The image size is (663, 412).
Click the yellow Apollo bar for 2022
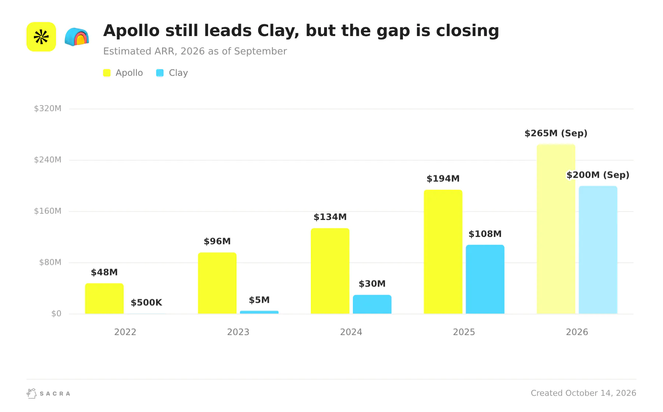(x=104, y=298)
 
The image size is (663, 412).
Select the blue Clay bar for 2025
(x=485, y=279)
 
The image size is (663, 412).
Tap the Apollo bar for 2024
(x=330, y=271)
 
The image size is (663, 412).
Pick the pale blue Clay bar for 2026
(x=598, y=250)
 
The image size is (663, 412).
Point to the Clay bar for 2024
(x=372, y=304)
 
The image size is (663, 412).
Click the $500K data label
(x=146, y=302)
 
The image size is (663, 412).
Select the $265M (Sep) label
(x=556, y=133)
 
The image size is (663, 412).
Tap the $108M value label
(x=485, y=234)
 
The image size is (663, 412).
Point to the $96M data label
(x=217, y=241)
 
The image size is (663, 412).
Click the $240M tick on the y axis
(x=48, y=160)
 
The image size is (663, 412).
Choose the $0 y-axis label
(x=56, y=313)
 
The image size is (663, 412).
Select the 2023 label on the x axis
(x=238, y=332)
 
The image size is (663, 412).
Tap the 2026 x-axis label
(x=577, y=332)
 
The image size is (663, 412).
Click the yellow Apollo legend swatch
(x=107, y=73)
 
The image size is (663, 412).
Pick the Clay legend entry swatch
(x=160, y=73)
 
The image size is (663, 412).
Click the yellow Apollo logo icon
(x=41, y=37)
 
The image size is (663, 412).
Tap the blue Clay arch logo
(x=77, y=37)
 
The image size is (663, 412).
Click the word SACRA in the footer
(x=55, y=394)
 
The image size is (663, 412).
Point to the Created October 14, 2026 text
(x=583, y=393)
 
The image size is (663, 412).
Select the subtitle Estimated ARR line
(x=195, y=51)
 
